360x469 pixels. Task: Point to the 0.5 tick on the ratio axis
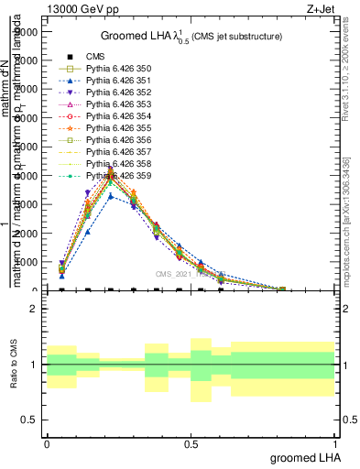pyautogui.click(x=29, y=420)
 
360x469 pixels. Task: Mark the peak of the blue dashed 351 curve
pyautogui.click(x=111, y=196)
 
